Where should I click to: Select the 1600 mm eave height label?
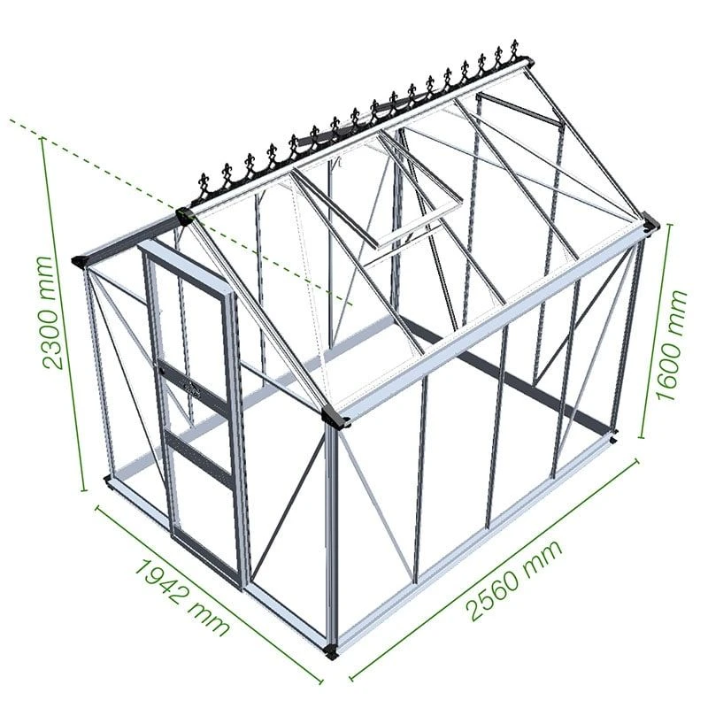coord(677,345)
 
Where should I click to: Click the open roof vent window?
coord(416,190)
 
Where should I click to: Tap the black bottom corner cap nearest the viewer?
coord(331,652)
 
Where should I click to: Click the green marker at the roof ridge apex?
coord(184,213)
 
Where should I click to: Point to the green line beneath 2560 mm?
coord(496,566)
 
